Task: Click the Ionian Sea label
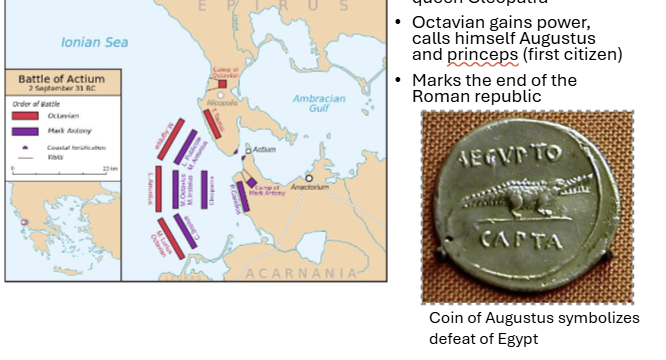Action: tap(95, 42)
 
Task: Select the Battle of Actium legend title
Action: tap(59, 77)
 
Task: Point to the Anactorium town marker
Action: tap(310, 178)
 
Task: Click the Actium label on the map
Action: tap(264, 149)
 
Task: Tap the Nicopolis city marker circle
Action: tap(221, 95)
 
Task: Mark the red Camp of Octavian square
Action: tap(222, 83)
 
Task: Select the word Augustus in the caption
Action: tap(529, 318)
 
